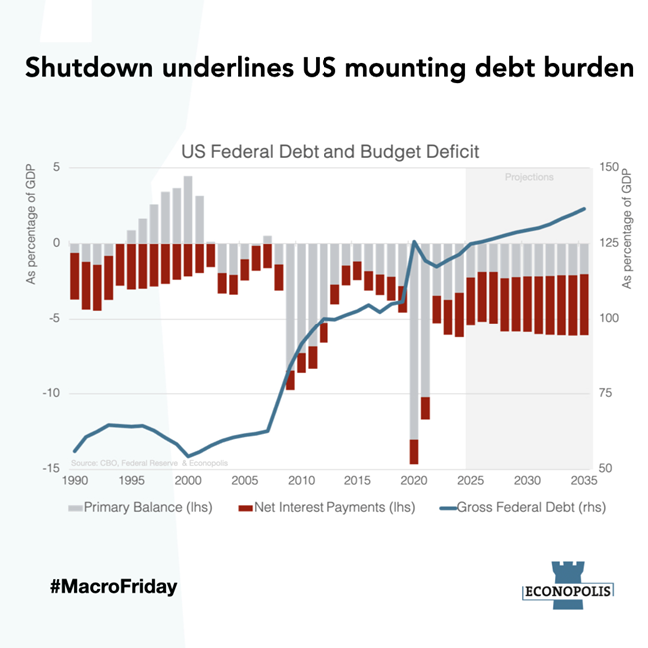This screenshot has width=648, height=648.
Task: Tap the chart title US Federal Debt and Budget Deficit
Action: tap(330, 152)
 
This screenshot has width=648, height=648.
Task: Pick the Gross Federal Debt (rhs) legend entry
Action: tap(520, 507)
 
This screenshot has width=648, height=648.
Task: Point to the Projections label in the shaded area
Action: tap(529, 177)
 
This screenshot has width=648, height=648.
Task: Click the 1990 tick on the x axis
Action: tap(74, 480)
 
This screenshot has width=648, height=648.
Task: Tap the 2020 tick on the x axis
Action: tap(414, 480)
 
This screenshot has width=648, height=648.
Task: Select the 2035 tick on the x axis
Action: tap(584, 480)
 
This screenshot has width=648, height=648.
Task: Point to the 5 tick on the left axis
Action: tap(57, 167)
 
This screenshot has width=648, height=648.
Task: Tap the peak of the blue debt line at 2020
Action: tap(414, 242)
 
